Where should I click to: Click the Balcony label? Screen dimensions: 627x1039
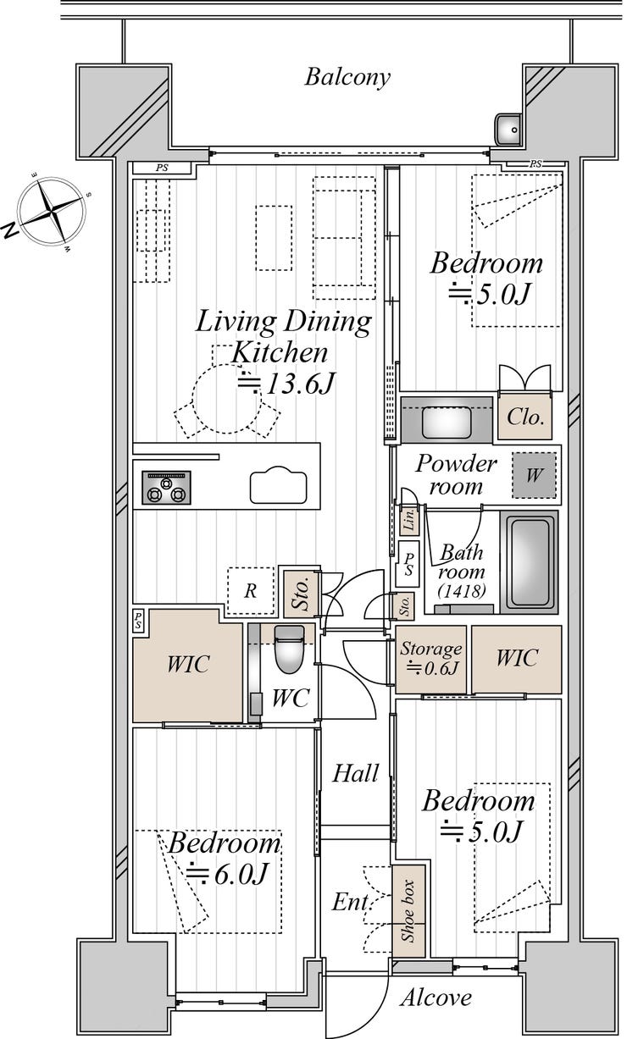(x=347, y=77)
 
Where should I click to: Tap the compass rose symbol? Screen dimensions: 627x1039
(x=52, y=211)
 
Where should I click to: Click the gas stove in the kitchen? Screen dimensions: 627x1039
(x=166, y=488)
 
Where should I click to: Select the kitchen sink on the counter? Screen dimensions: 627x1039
(x=279, y=485)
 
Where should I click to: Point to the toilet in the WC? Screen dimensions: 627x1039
(x=290, y=649)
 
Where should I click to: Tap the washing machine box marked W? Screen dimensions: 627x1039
(x=534, y=475)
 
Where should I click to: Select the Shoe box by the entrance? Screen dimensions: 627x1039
(x=408, y=910)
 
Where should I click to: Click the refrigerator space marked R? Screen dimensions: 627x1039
(x=251, y=590)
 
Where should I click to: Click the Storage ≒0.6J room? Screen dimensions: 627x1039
(x=430, y=659)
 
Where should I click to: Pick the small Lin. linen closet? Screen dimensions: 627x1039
(x=409, y=520)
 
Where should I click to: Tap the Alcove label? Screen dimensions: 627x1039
(x=436, y=998)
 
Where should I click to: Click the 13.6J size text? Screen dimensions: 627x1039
(x=287, y=384)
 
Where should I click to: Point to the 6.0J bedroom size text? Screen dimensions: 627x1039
(x=226, y=874)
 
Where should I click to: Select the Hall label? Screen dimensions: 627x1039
(x=356, y=773)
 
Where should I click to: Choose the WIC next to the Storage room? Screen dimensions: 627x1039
(x=517, y=659)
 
